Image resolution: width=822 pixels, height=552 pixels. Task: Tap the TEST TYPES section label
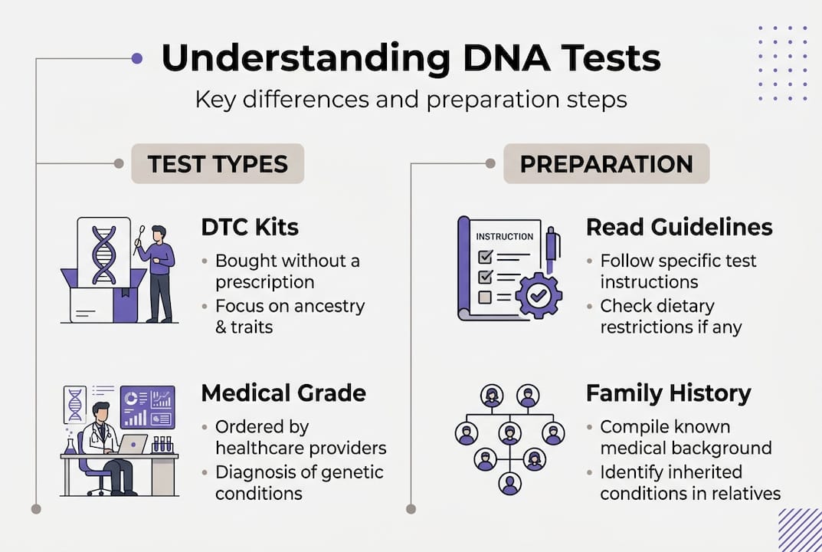[218, 163]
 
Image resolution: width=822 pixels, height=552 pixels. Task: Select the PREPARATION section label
[606, 163]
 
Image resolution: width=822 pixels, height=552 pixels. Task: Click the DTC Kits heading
[250, 227]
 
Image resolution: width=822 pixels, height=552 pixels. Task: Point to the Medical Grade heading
[283, 393]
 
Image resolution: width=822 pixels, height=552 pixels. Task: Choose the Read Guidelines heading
[679, 227]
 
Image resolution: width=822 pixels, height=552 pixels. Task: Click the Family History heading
[668, 393]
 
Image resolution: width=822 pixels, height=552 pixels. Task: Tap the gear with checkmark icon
[539, 294]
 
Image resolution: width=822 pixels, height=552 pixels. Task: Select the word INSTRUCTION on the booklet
[505, 237]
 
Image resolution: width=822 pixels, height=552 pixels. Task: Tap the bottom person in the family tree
[509, 484]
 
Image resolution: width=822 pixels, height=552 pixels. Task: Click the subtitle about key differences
[411, 100]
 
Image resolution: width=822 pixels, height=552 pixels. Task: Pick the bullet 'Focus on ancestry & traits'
[290, 316]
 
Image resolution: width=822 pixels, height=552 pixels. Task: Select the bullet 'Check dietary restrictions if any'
[670, 316]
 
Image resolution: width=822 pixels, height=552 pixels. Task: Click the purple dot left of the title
[137, 58]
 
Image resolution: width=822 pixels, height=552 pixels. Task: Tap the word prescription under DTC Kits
[264, 281]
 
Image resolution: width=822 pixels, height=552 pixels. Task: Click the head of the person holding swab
[158, 232]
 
